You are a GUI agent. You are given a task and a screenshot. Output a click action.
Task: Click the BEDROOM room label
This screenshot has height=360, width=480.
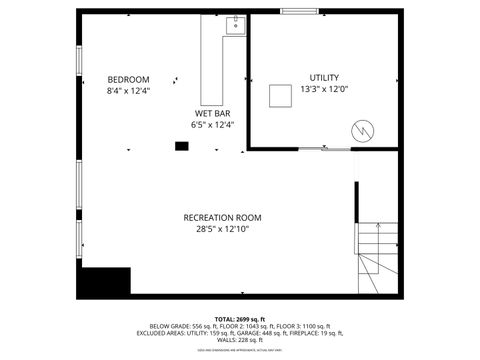click(x=128, y=80)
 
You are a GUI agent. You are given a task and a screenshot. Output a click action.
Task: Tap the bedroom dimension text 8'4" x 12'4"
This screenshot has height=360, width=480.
click(x=128, y=92)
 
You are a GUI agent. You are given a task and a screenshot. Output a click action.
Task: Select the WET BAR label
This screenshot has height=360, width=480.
click(x=212, y=114)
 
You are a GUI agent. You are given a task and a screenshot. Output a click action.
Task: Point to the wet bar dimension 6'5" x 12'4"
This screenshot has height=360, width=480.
click(x=212, y=125)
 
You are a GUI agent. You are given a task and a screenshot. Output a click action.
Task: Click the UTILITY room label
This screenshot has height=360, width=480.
click(x=324, y=77)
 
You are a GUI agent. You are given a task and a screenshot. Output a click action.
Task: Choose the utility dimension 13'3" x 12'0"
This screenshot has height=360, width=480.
click(x=324, y=88)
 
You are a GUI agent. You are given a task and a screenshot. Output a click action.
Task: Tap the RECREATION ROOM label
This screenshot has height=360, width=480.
click(x=222, y=217)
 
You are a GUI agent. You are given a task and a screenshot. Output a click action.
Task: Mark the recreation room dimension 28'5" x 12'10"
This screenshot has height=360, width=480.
click(x=222, y=229)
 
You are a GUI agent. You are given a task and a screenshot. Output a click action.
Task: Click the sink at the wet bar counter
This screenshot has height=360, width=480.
click(x=235, y=25)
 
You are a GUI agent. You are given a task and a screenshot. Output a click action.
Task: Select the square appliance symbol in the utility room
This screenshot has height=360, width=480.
click(x=280, y=96)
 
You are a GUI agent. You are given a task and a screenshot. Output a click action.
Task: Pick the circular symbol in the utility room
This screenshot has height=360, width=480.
click(x=361, y=130)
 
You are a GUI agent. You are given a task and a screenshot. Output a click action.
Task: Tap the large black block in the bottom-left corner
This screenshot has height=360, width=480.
click(x=106, y=281)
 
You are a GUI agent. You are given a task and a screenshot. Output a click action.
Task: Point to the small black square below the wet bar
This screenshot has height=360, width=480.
click(x=182, y=146)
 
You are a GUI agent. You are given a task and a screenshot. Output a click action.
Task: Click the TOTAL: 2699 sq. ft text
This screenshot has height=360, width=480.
click(x=240, y=317)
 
